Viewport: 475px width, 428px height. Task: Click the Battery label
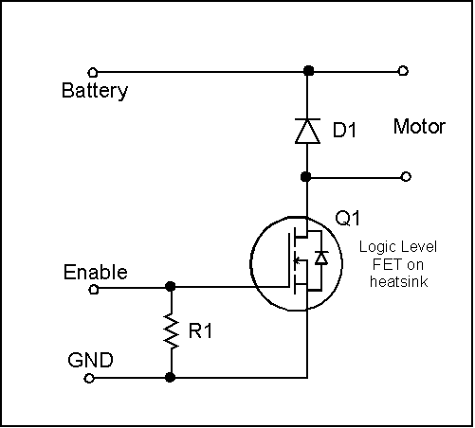pyautogui.click(x=95, y=91)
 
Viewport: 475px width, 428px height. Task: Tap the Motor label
pyautogui.click(x=419, y=127)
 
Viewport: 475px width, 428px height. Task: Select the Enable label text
pyautogui.click(x=96, y=272)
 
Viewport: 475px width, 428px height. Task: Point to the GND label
pyautogui.click(x=90, y=360)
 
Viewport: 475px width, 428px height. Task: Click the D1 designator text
pyautogui.click(x=344, y=130)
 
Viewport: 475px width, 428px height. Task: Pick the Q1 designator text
pyautogui.click(x=347, y=218)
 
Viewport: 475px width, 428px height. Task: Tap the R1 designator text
pyautogui.click(x=200, y=331)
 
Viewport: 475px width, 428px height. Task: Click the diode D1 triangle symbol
pyautogui.click(x=307, y=131)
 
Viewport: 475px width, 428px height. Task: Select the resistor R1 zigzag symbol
pyautogui.click(x=171, y=330)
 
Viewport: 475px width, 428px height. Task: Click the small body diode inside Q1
pyautogui.click(x=321, y=258)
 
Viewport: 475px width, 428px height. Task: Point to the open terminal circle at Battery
pyautogui.click(x=92, y=73)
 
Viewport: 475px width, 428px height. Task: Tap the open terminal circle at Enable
pyautogui.click(x=94, y=289)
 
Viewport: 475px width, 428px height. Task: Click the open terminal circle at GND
pyautogui.click(x=89, y=378)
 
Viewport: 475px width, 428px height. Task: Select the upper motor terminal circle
pyautogui.click(x=403, y=71)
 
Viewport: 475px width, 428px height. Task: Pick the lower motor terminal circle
pyautogui.click(x=406, y=176)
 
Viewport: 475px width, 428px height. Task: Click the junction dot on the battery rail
pyautogui.click(x=308, y=70)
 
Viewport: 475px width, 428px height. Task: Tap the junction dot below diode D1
pyautogui.click(x=305, y=177)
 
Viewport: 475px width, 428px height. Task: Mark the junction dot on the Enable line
pyautogui.click(x=171, y=286)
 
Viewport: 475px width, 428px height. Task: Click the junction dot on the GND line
pyautogui.click(x=171, y=377)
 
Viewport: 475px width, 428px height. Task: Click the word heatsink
pyautogui.click(x=399, y=281)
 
